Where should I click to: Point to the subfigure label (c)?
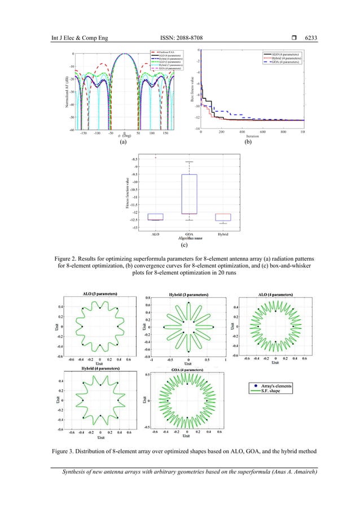(185, 245)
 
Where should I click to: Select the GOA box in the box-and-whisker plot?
(189, 194)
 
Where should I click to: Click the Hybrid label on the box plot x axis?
(223, 233)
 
